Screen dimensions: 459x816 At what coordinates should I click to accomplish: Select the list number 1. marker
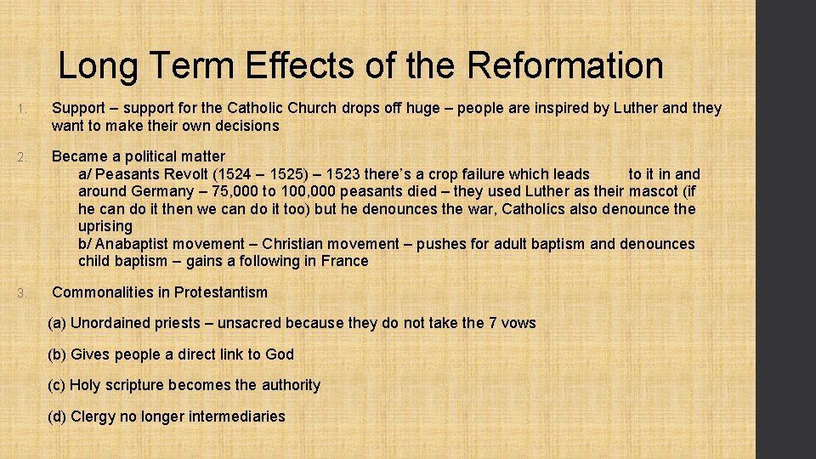[26, 109]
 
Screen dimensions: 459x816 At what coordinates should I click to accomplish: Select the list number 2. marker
[26, 156]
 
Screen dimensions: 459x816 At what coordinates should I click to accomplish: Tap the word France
[345, 261]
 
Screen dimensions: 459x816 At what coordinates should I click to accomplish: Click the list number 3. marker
[26, 293]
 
